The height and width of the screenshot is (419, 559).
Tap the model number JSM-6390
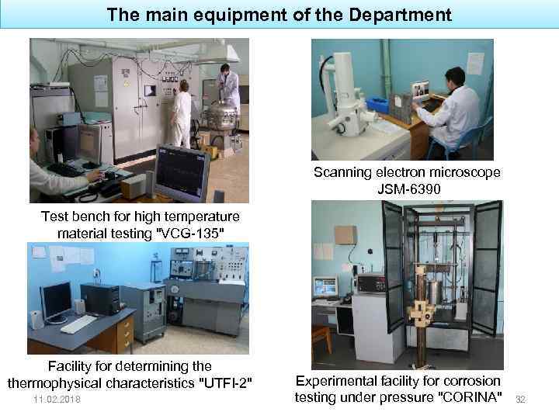coord(408,189)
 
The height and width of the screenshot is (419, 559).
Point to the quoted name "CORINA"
coord(467,398)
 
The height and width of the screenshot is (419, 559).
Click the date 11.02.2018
coord(57,399)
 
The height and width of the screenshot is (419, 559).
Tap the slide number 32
coord(521,399)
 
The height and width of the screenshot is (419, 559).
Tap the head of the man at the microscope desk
coord(456,77)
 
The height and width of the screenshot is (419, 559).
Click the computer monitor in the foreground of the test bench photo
coord(181,172)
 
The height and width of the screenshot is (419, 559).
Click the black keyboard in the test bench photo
coord(65,168)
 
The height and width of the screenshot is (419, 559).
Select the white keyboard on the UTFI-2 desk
coord(78,324)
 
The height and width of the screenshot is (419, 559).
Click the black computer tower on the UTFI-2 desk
coord(100,298)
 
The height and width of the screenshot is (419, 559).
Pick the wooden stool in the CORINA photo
coord(322,341)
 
